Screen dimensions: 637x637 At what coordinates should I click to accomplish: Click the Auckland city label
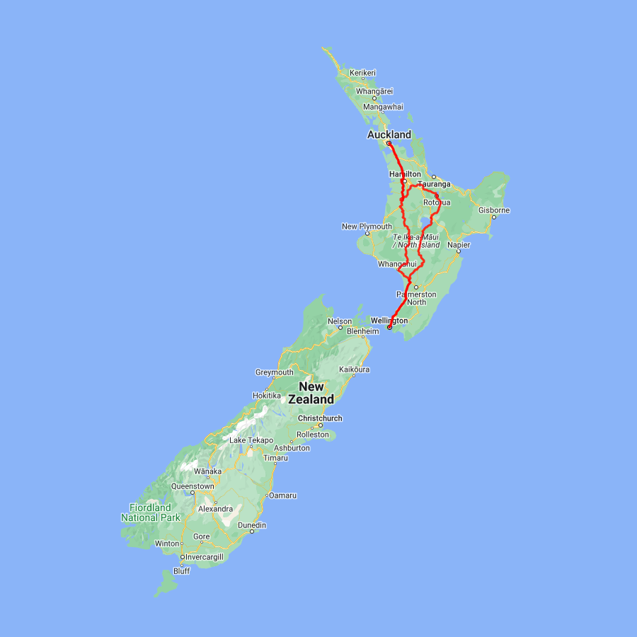[389, 134]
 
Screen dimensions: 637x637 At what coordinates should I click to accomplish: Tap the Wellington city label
[389, 320]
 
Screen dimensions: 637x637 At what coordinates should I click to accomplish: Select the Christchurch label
[320, 418]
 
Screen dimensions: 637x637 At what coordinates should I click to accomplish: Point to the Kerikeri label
[362, 73]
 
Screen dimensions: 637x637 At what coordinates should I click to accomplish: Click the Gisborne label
[494, 210]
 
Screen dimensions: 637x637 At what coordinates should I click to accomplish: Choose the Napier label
[459, 245]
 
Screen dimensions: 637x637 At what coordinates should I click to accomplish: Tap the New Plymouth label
[367, 226]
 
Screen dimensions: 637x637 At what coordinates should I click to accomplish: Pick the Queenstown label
[193, 486]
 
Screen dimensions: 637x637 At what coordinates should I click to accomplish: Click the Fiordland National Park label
[150, 512]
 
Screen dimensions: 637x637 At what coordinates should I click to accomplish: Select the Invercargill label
[205, 557]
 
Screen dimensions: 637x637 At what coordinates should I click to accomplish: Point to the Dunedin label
[252, 525]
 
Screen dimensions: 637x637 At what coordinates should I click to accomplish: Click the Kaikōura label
[355, 369]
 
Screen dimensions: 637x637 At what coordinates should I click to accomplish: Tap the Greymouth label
[275, 372]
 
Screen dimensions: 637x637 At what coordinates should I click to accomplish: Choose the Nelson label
[339, 321]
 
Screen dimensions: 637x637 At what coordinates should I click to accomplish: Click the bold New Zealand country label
[316, 393]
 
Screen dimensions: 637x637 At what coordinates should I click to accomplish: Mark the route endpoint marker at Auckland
[389, 144]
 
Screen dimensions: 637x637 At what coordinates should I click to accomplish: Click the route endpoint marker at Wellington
[389, 327]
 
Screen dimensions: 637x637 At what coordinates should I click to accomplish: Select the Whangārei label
[374, 91]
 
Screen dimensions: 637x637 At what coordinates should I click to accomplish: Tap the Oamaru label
[282, 495]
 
